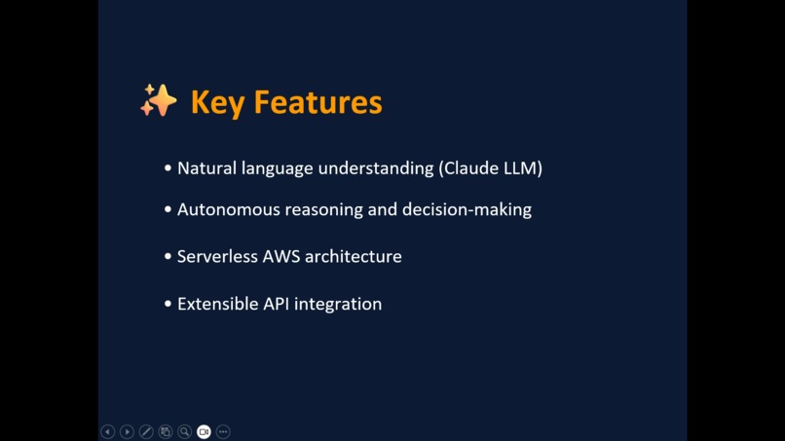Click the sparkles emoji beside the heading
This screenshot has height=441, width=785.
point(158,101)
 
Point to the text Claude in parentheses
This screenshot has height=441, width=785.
point(469,168)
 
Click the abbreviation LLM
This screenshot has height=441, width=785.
point(521,168)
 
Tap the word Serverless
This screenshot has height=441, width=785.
point(217,257)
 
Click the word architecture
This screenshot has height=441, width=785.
point(353,257)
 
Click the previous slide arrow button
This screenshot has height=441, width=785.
point(108,431)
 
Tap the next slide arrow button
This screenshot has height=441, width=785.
point(127,431)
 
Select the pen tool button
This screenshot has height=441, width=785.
point(146,431)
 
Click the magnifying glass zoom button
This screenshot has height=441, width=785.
point(184,431)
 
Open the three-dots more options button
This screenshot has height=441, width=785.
point(223,431)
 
